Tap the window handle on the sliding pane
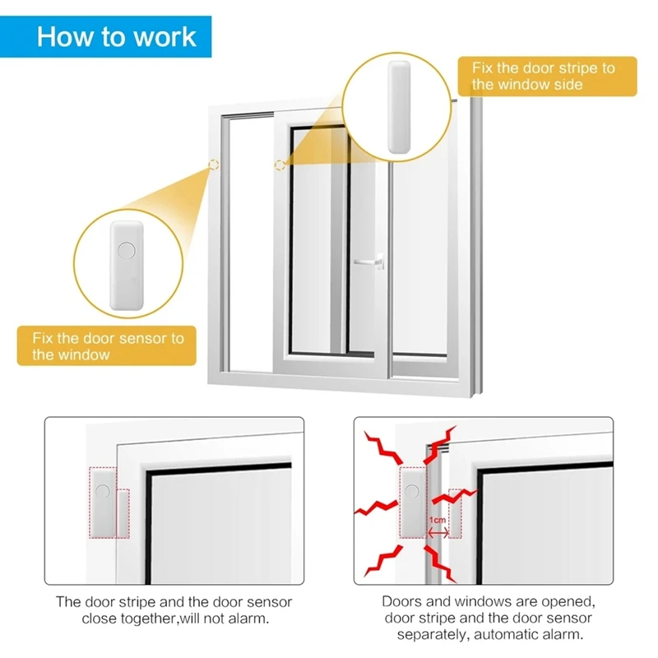pos(368,263)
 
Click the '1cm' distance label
pos(437,521)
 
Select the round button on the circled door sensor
pos(126,249)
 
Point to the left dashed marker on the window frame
pos(214,164)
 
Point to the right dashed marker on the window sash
pos(280,164)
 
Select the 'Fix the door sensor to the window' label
pos(108,346)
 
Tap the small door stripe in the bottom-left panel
pos(124,510)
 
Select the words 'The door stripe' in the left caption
pos(100,602)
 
